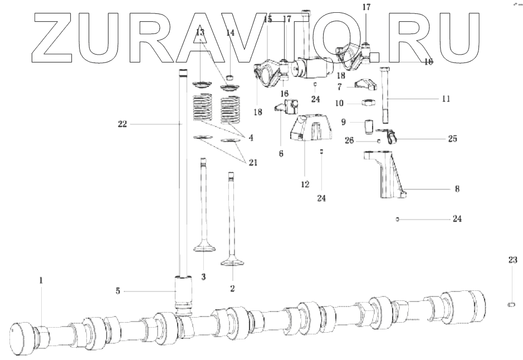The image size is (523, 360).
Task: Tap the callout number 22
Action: tap(122, 124)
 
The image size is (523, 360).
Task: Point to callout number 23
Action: tap(513, 259)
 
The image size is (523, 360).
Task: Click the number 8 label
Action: tap(457, 189)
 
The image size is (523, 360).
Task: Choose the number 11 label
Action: tap(445, 99)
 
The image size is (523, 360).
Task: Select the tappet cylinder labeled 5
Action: tap(183, 292)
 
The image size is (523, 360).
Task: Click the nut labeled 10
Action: tap(368, 103)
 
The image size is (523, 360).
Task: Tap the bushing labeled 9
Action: tap(369, 127)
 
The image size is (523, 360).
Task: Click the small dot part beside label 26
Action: tap(379, 140)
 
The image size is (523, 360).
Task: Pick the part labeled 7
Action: tap(366, 85)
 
